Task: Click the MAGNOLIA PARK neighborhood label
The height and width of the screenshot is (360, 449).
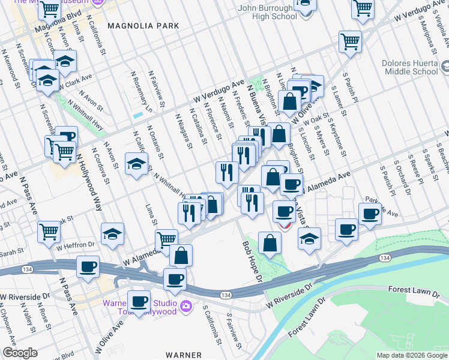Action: [x=143, y=26]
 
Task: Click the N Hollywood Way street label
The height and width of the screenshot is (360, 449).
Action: [x=89, y=183]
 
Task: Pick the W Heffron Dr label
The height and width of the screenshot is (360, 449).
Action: [x=76, y=245]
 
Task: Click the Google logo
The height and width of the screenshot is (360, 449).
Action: [x=20, y=353]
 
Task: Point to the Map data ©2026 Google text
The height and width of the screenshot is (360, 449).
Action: [x=411, y=355]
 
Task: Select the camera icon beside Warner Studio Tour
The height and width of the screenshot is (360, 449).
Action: [x=186, y=306]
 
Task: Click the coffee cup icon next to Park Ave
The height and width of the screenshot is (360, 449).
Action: [x=370, y=213]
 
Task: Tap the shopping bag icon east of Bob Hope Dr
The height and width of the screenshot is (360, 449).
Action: [x=270, y=242]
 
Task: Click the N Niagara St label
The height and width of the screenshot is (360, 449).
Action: [x=182, y=131]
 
